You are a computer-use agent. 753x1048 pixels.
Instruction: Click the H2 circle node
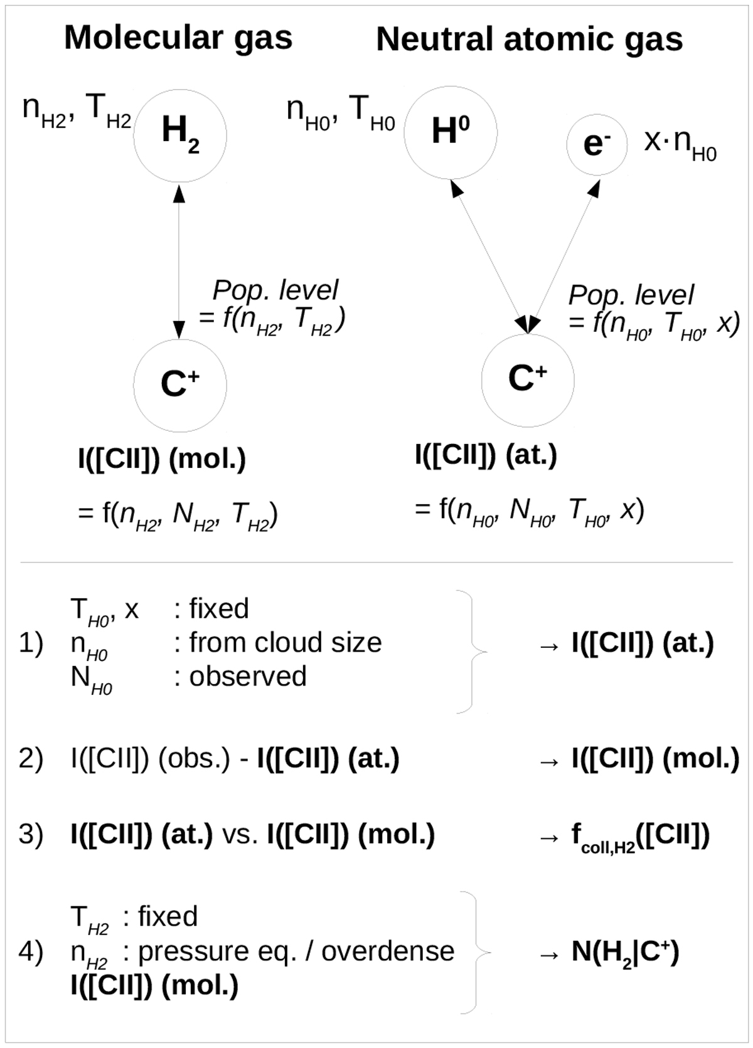(180, 135)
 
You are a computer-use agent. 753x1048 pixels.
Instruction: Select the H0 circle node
(451, 132)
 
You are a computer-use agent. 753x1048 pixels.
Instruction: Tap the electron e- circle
(596, 145)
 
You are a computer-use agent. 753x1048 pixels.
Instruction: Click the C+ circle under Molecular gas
(180, 384)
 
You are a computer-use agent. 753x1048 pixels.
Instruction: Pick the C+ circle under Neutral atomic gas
(528, 380)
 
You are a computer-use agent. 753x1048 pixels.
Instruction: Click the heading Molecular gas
(178, 38)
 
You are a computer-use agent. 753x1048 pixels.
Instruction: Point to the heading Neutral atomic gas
(529, 40)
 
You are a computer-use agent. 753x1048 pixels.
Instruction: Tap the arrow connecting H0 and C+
(489, 255)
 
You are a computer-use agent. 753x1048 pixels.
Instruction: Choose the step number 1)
(31, 643)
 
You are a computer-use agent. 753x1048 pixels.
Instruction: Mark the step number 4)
(31, 951)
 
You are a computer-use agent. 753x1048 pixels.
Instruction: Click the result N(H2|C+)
(625, 953)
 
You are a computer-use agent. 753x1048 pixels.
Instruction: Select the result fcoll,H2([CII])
(640, 836)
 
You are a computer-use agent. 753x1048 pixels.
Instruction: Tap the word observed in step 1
(248, 676)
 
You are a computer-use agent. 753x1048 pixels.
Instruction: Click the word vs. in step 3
(240, 835)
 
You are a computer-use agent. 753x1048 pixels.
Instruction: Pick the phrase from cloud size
(286, 642)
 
